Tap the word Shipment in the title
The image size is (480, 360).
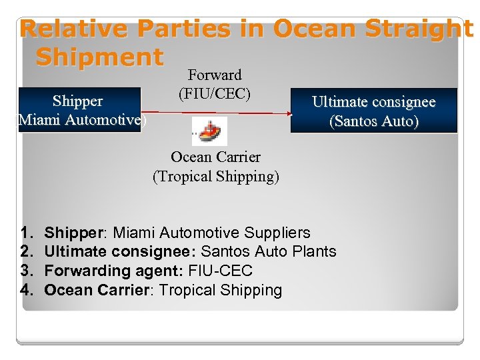pos(99,57)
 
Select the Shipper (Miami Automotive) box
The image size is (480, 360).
pos(79,110)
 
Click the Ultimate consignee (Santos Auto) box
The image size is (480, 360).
pos(373,111)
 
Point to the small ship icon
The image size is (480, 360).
pos(209,131)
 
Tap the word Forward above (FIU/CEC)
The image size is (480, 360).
pos(214,75)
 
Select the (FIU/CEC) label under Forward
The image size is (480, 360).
pos(215,94)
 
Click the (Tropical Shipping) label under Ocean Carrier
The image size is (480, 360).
pos(216,177)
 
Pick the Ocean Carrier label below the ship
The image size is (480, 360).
pos(215,157)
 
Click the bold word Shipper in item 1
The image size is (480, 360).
pos(71,233)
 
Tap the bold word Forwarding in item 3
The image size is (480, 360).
pos(81,271)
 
